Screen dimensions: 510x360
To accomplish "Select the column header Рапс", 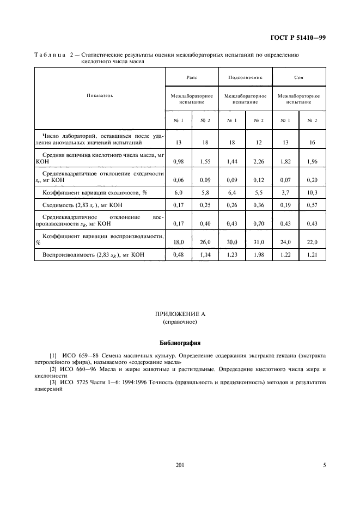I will click(x=191, y=77).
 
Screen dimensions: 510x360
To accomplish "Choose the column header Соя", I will click(x=299, y=77).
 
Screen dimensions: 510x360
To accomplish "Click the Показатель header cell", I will click(x=100, y=95).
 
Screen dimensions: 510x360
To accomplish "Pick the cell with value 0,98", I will click(x=178, y=162).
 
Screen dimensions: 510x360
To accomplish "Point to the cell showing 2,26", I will click(x=259, y=162).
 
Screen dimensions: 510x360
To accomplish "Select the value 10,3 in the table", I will click(x=313, y=193).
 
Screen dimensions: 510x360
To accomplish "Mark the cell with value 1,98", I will click(x=259, y=256).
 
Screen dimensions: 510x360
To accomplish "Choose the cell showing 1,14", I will click(x=205, y=256).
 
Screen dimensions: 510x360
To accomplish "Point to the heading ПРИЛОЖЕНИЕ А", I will click(x=180, y=314).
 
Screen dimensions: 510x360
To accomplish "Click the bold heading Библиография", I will click(x=180, y=343).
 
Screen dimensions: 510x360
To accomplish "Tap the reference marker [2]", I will click(x=53, y=369).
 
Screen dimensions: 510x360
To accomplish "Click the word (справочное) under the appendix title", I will click(x=180, y=322).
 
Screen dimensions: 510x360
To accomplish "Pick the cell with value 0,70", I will click(x=259, y=224).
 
